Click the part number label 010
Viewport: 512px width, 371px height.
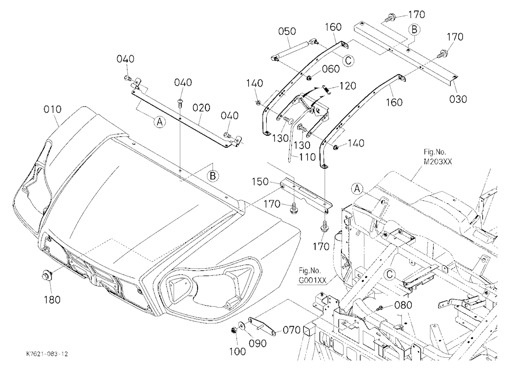52,109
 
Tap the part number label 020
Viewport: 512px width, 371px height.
201,108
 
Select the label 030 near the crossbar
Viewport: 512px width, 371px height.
458,99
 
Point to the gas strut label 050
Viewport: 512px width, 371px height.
287,31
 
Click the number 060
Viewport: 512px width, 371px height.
331,69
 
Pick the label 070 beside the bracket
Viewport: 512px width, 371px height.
291,330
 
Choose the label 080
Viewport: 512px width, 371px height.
403,305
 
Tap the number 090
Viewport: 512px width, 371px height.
258,343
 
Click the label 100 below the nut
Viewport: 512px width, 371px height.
238,352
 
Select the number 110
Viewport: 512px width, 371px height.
307,157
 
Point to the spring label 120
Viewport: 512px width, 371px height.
348,86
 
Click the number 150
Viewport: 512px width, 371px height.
260,181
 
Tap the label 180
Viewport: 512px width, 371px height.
52,299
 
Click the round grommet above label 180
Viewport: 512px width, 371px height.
46,275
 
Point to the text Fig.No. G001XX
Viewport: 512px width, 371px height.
312,275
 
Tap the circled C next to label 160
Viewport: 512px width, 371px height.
349,60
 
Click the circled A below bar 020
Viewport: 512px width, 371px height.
159,122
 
